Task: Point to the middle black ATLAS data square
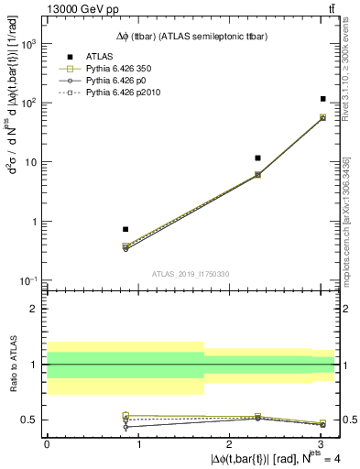point(258,158)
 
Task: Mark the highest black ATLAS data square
point(323,99)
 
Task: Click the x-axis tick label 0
point(47,442)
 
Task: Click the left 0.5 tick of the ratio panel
point(35,420)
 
